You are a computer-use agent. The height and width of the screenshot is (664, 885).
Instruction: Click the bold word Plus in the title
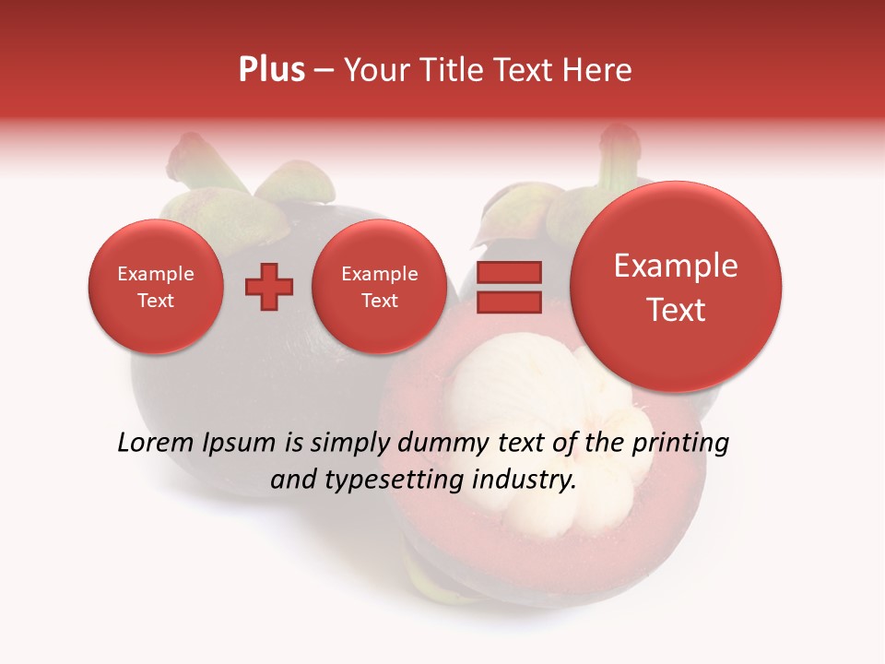[271, 70]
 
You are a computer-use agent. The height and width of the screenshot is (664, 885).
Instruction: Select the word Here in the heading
[598, 70]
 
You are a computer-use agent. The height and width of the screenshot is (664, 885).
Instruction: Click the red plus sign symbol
[268, 287]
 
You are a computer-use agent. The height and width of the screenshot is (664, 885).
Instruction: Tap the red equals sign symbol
[508, 287]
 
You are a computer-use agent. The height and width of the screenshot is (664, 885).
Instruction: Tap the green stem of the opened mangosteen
[616, 157]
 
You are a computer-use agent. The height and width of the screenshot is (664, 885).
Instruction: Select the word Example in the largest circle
[676, 266]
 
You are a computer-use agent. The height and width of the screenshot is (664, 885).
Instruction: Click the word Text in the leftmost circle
[155, 301]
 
